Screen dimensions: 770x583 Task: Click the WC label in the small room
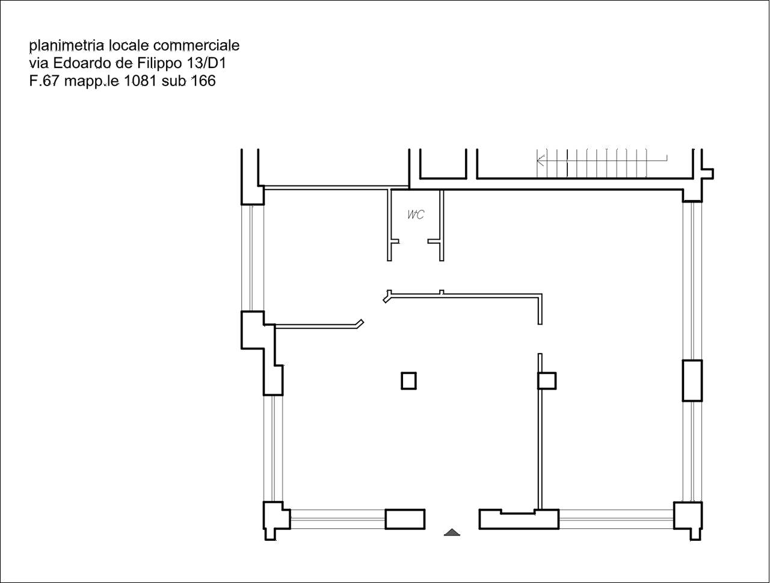pyautogui.click(x=416, y=214)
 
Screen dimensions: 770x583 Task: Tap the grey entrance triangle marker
pyautogui.click(x=452, y=532)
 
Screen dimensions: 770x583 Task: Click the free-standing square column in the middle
pyautogui.click(x=408, y=381)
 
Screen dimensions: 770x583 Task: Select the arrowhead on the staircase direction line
pyautogui.click(x=540, y=160)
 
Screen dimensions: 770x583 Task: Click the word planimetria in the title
pyautogui.click(x=67, y=46)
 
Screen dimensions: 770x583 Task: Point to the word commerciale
pyautogui.click(x=197, y=45)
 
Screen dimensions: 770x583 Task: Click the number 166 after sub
pyautogui.click(x=203, y=81)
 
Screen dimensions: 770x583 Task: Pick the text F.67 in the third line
pyautogui.click(x=43, y=81)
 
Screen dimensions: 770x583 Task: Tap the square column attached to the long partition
pyautogui.click(x=547, y=381)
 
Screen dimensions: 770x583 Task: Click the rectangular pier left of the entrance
pyautogui.click(x=405, y=519)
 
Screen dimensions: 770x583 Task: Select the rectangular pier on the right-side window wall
pyautogui.click(x=692, y=381)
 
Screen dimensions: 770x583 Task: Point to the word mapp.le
pyautogui.click(x=92, y=81)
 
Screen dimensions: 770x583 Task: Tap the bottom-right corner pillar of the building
pyautogui.click(x=688, y=520)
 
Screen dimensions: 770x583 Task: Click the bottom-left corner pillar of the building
pyautogui.click(x=277, y=520)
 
